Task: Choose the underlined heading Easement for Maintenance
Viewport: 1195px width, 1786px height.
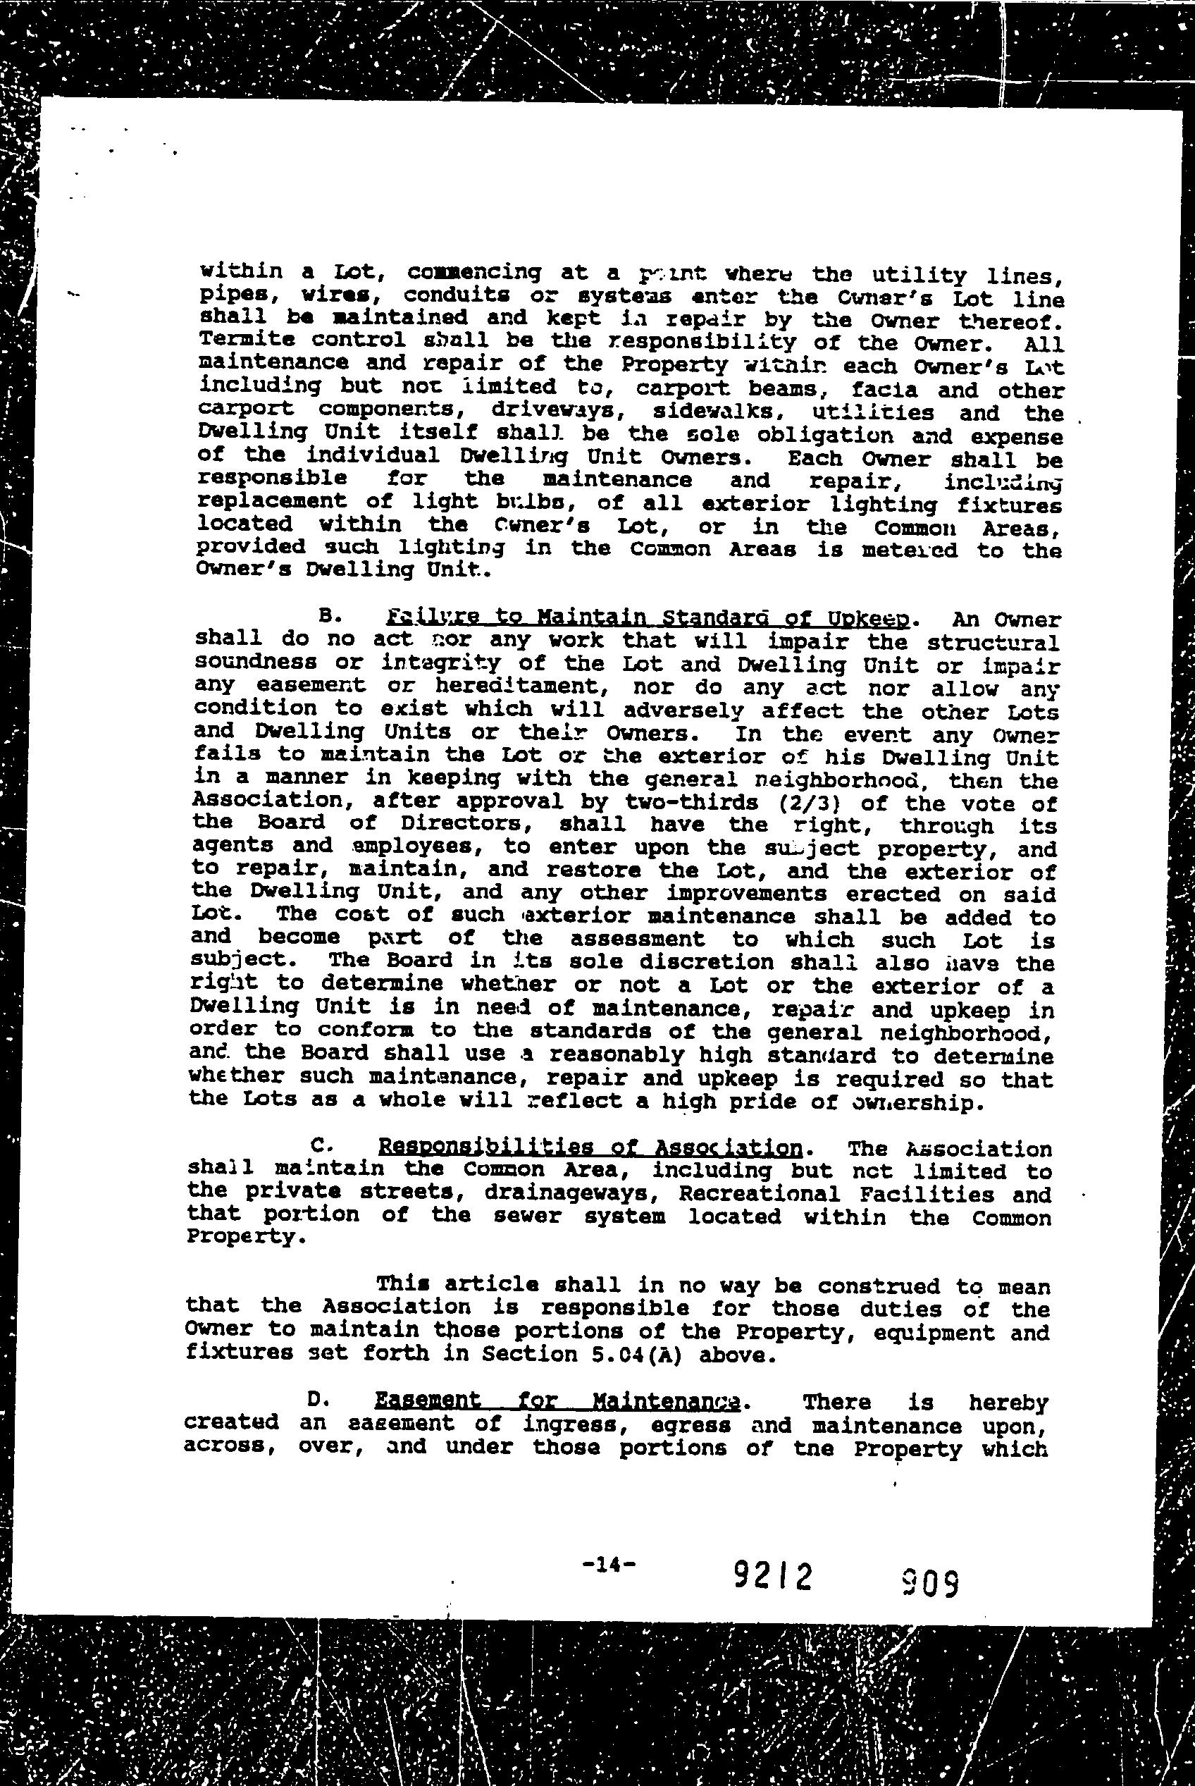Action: [x=558, y=1400]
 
